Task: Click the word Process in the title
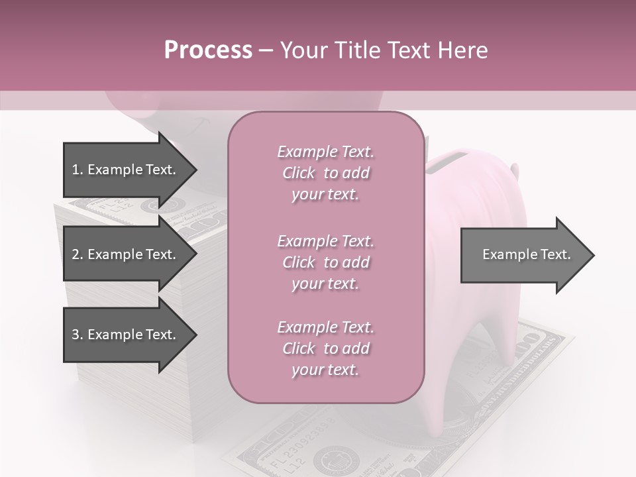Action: (x=208, y=50)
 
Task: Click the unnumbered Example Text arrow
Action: (x=527, y=254)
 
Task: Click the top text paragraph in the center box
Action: (x=325, y=173)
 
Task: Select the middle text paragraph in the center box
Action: (x=325, y=262)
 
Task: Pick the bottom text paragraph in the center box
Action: (x=325, y=348)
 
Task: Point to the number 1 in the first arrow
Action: (x=75, y=170)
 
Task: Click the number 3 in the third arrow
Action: (x=75, y=335)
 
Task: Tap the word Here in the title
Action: (x=464, y=50)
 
